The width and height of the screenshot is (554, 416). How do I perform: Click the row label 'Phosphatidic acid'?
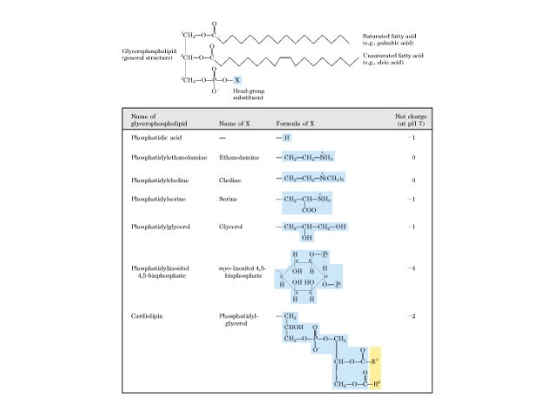click(x=155, y=138)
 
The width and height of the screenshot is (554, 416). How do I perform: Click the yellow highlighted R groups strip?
click(x=375, y=368)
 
